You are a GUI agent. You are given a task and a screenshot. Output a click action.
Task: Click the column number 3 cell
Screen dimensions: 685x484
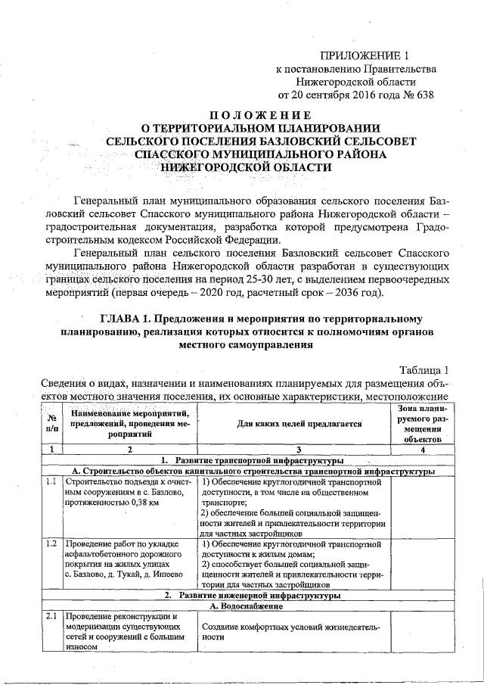pyautogui.click(x=291, y=450)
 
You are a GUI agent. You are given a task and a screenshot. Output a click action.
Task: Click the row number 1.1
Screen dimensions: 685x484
pyautogui.click(x=51, y=481)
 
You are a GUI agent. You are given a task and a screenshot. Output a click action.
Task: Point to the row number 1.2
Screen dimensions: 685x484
pyautogui.click(x=51, y=544)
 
